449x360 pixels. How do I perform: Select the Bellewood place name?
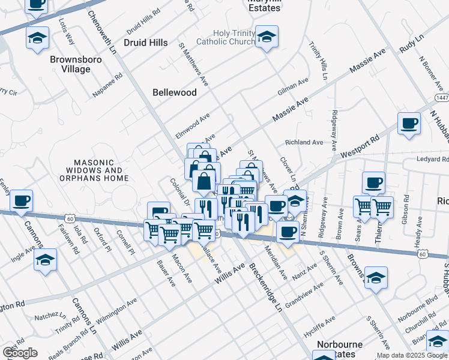pos(175,92)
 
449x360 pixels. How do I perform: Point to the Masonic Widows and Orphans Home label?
pos(101,170)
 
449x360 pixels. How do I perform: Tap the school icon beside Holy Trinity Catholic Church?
pos(266,37)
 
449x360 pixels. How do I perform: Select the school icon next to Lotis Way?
pos(37,38)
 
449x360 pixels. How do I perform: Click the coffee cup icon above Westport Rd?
pos(409,123)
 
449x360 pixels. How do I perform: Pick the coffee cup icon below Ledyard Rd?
pos(373,182)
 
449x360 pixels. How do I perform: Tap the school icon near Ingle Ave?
pos(45,260)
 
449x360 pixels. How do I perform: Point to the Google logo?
pos(20,353)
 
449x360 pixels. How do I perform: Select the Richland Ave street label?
pos(304,142)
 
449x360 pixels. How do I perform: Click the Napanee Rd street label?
pos(108,85)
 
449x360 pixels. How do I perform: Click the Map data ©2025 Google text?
pos(412,355)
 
